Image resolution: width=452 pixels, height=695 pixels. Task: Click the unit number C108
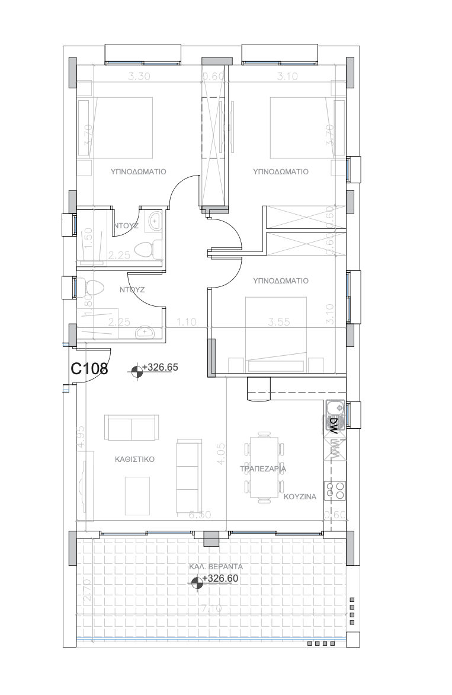coord(89,369)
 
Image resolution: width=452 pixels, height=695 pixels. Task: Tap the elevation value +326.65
coord(161,367)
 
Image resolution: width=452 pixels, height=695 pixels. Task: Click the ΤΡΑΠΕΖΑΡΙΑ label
coord(263,468)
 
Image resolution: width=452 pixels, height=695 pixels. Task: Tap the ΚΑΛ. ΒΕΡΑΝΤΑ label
coord(216,566)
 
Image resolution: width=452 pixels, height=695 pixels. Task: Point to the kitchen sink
coord(334,407)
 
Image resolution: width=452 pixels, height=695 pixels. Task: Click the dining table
coord(264,467)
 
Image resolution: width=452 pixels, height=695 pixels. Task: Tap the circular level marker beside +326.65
coord(137,371)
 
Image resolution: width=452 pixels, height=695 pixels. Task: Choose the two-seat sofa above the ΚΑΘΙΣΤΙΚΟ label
coord(132,428)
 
